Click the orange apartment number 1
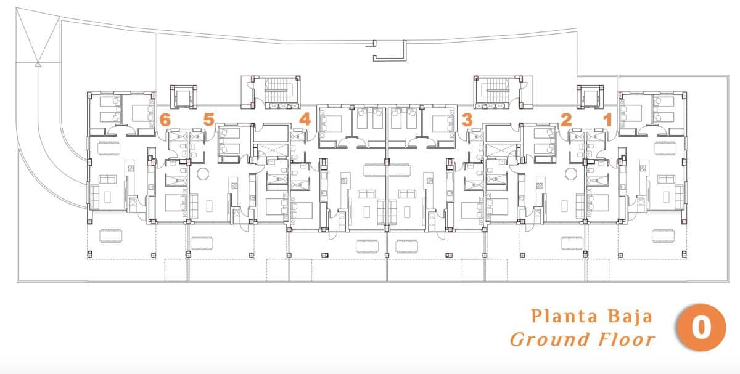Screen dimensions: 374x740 coord(607,120)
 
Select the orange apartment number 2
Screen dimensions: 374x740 coord(565,120)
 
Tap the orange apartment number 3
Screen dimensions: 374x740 coord(467,119)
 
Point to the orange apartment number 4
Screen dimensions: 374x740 coord(304,118)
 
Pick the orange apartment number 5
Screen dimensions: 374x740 coord(208,120)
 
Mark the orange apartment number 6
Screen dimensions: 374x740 coord(165,120)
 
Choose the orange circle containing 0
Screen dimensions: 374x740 coord(701,328)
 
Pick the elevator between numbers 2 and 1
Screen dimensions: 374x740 coord(588,97)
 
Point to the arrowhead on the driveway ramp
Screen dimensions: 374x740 coord(38,62)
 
